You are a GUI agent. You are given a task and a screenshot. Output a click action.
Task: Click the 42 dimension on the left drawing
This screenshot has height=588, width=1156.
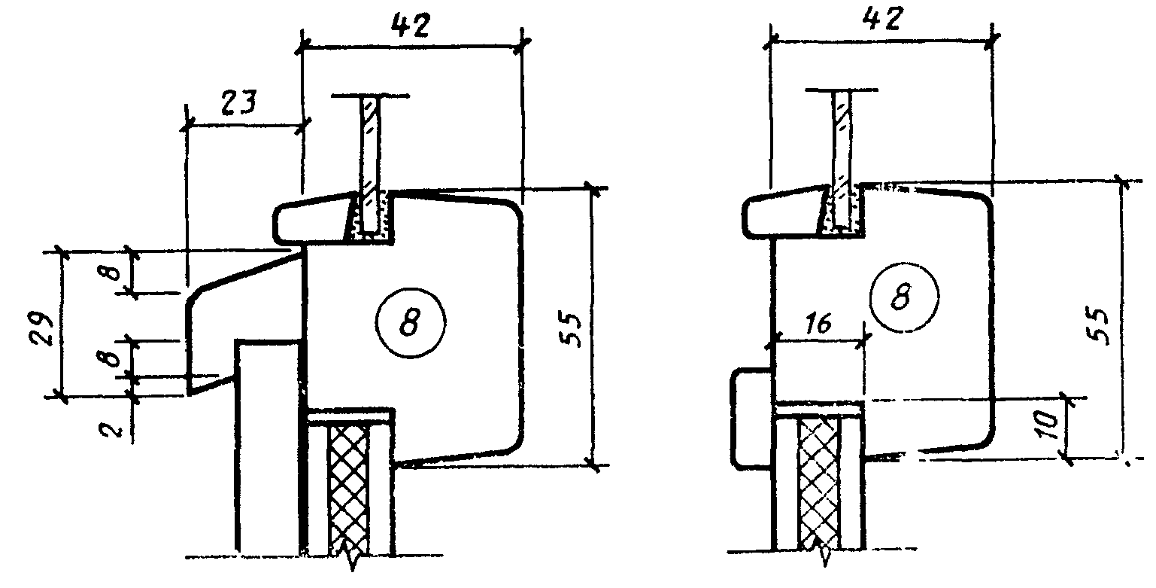click(x=410, y=25)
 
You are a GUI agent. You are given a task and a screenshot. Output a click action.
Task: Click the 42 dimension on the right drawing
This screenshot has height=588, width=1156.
click(x=883, y=20)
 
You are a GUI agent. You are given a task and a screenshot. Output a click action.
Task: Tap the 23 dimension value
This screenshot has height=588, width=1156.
click(x=238, y=102)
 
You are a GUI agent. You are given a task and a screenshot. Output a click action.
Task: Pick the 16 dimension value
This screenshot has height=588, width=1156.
click(x=818, y=324)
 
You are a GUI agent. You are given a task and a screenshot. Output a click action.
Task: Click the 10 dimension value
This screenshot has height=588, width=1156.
click(x=1048, y=425)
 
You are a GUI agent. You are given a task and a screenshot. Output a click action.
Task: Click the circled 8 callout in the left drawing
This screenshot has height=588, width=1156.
click(x=410, y=322)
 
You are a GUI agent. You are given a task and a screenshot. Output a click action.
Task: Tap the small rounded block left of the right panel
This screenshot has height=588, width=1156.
click(x=752, y=419)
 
